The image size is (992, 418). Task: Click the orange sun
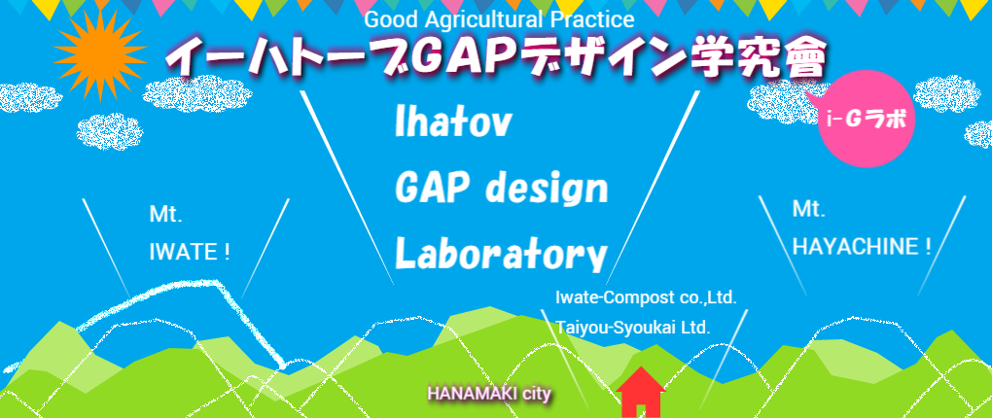[x=100, y=54]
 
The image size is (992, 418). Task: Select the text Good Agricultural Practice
[x=499, y=19]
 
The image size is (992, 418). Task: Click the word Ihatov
[x=452, y=122]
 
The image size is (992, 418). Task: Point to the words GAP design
[x=501, y=188]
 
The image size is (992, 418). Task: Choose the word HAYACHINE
[x=855, y=247]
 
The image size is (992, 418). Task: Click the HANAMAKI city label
[x=489, y=394]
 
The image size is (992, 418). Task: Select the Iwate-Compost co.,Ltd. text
[x=646, y=297]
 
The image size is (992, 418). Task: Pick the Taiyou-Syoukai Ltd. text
[x=633, y=328]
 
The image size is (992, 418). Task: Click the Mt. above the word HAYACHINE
[x=808, y=209]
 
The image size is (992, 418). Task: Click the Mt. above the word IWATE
[x=165, y=215]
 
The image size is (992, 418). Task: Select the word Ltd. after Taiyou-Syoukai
[x=697, y=328]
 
